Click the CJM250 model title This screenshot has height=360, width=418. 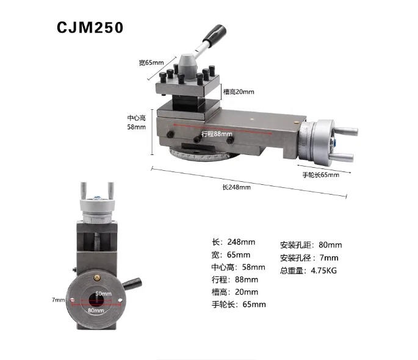[x=90, y=27]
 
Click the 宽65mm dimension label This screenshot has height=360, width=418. [x=151, y=63]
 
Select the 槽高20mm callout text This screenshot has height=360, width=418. [x=239, y=92]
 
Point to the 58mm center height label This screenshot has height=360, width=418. [x=136, y=127]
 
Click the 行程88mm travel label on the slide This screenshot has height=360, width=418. [x=217, y=134]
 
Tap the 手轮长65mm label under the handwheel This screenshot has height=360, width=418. [x=321, y=175]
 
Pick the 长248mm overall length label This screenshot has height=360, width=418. [x=236, y=187]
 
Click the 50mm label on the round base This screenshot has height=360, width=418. [x=104, y=293]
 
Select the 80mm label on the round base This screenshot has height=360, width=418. [x=96, y=310]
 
